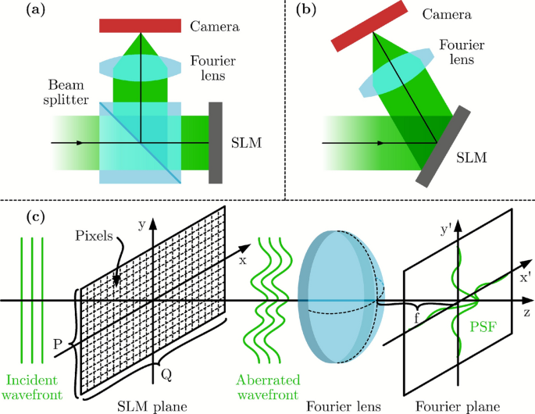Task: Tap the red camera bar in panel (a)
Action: click(x=141, y=26)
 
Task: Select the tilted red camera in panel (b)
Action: click(x=368, y=26)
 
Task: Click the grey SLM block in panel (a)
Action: click(x=216, y=143)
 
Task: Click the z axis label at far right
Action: click(x=528, y=312)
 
